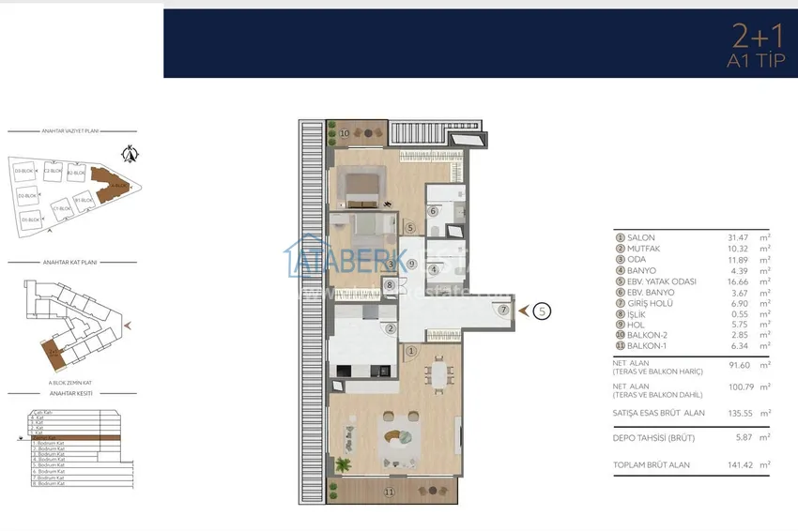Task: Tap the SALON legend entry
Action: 639,238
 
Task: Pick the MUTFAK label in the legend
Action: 643,249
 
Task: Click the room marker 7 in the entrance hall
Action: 503,310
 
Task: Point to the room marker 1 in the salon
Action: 411,351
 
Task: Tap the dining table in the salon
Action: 437,376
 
